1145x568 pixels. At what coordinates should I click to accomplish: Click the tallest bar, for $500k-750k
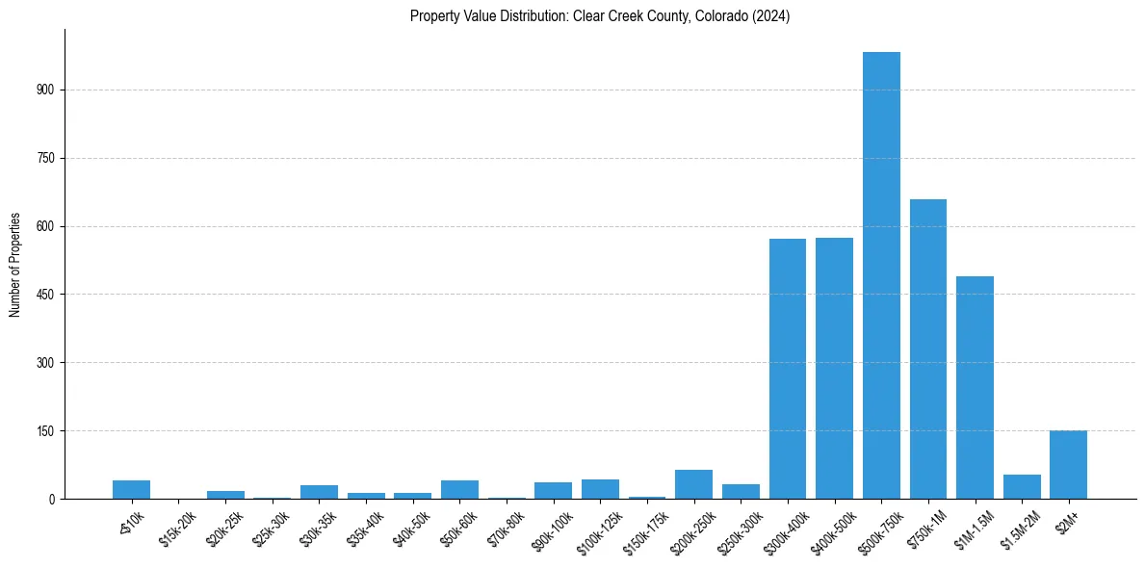pos(881,275)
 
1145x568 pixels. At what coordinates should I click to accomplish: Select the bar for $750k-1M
pos(928,349)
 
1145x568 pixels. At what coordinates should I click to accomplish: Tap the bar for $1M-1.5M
pos(975,387)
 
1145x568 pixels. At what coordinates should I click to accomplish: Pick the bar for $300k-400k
pos(788,369)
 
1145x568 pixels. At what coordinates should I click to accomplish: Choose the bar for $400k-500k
pos(834,368)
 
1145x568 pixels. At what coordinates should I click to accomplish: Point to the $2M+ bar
pos(1068,465)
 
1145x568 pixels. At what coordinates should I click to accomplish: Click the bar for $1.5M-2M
pos(1022,487)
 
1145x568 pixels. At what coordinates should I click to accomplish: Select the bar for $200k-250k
pos(693,484)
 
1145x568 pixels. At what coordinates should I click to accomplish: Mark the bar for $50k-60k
pos(459,490)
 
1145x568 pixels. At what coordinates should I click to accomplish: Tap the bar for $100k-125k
pos(600,489)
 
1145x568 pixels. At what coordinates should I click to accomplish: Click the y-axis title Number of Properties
pos(15,265)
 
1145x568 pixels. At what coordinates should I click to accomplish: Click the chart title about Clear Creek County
pos(599,16)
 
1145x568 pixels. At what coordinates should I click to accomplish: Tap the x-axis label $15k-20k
pos(176,530)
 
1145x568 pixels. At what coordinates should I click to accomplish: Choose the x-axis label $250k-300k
pos(739,532)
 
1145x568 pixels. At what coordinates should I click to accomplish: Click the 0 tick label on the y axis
pos(53,500)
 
